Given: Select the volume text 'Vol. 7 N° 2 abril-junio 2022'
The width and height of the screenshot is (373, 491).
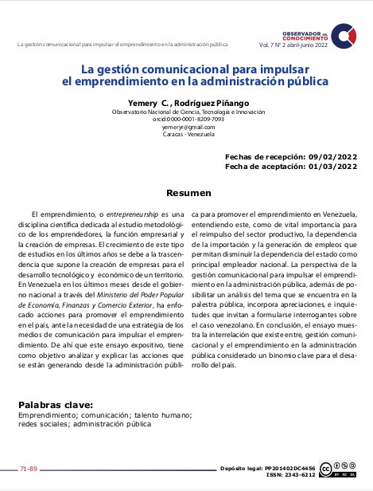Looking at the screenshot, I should click(293, 45).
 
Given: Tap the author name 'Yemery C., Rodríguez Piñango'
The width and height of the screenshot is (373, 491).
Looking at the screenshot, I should click(188, 104).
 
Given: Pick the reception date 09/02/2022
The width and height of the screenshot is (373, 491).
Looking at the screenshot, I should click(332, 158).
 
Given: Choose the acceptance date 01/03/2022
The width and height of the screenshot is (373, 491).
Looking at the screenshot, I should click(332, 166).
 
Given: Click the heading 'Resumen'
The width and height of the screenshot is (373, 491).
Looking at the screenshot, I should click(188, 193).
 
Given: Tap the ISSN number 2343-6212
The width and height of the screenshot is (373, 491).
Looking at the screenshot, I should click(296, 475).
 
